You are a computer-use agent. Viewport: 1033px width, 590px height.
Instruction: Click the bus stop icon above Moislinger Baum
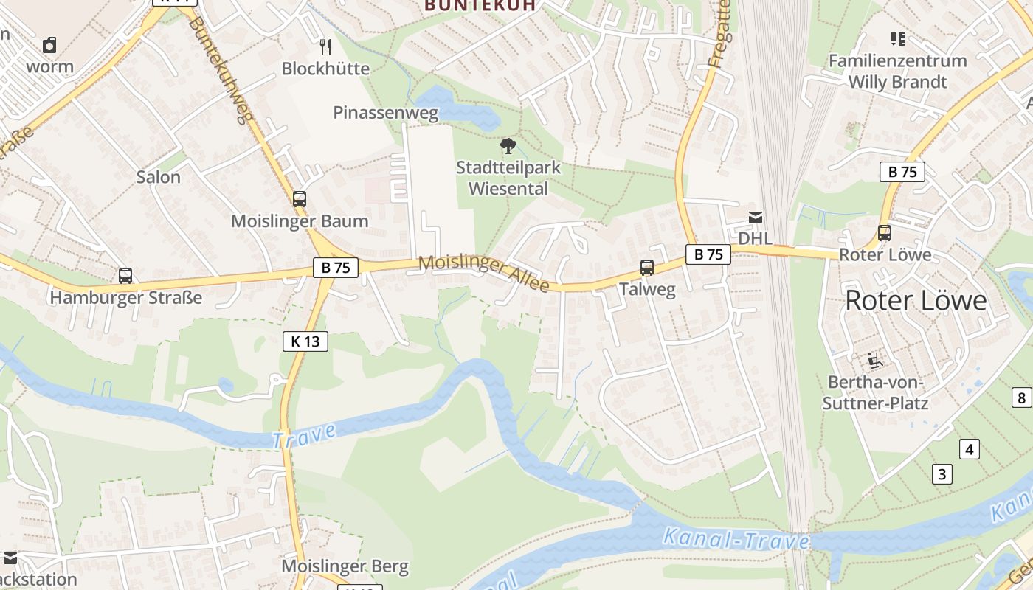[300, 198]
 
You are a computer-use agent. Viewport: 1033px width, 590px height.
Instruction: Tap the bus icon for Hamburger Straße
[125, 276]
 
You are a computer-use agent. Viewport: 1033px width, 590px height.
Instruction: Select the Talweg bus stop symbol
[647, 268]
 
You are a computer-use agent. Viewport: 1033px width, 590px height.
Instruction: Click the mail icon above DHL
[756, 218]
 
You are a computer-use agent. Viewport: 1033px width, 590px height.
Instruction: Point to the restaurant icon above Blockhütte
[325, 47]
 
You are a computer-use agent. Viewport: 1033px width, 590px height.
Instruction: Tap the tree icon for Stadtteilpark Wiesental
[508, 146]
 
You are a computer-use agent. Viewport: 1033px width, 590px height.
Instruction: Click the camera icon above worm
[49, 45]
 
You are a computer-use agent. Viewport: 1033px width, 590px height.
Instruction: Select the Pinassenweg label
[386, 113]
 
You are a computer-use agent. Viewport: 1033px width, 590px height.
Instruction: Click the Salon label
[159, 177]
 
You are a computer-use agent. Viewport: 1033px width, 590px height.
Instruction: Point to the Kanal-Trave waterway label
[736, 540]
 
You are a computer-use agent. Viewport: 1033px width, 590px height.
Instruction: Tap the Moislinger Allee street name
[484, 272]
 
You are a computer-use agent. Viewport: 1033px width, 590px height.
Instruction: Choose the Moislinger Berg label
[345, 566]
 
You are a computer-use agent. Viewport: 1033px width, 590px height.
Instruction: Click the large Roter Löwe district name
[916, 300]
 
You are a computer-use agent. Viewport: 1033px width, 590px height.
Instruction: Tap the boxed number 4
[970, 448]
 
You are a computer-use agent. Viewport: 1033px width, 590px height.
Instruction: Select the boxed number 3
[942, 473]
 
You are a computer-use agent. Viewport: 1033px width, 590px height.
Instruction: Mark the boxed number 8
[1021, 398]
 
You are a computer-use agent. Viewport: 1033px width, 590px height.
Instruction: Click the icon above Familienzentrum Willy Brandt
[897, 38]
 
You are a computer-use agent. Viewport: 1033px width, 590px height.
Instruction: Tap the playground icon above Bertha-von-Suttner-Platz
[876, 360]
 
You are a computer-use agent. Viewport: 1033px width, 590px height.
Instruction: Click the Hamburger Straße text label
[125, 298]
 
